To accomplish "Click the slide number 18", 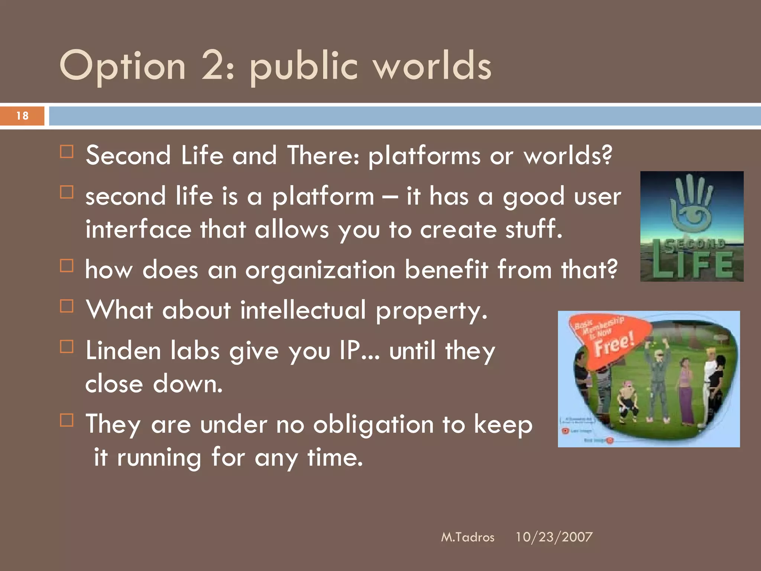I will [x=22, y=116].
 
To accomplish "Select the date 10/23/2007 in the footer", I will [x=554, y=537].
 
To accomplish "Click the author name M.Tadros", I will [x=467, y=537].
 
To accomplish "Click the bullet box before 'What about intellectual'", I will [x=67, y=306].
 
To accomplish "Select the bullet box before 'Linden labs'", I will [x=67, y=346].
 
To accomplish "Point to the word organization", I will [x=320, y=270].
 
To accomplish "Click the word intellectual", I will [x=302, y=310].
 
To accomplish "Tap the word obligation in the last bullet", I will [x=373, y=425].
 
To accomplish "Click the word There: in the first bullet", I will [x=323, y=155].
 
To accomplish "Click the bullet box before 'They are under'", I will [x=67, y=420].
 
